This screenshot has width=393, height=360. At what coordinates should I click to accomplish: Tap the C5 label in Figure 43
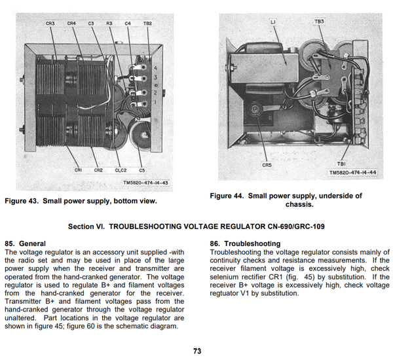pyautogui.click(x=141, y=170)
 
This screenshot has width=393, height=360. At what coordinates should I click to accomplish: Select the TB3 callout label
pyautogui.click(x=319, y=22)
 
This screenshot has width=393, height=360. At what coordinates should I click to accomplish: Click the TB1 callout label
pyautogui.click(x=341, y=164)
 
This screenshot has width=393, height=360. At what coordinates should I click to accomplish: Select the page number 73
pyautogui.click(x=196, y=351)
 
